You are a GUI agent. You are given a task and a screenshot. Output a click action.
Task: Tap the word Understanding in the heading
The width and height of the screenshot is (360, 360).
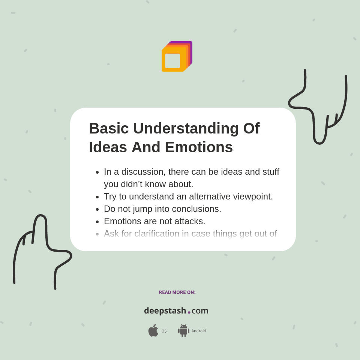pos(186,128)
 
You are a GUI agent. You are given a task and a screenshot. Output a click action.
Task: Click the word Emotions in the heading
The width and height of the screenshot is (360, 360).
pos(199,147)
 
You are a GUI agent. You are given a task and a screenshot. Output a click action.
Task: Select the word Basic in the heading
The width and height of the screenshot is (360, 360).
pos(108,128)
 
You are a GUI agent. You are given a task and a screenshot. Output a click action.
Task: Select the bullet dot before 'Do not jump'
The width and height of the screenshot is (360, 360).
pos(97,209)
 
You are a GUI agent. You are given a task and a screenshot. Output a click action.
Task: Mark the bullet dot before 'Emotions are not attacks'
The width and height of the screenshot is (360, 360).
pos(97,222)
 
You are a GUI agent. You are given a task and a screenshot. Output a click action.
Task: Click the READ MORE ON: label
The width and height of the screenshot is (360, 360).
pos(177,292)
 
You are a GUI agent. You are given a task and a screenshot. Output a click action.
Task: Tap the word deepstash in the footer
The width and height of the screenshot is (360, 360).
pos(165,311)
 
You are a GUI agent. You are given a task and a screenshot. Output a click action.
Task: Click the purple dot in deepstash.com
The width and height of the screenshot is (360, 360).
pos(189,312)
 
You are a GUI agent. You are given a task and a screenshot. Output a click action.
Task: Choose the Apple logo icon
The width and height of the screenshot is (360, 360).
pos(153,330)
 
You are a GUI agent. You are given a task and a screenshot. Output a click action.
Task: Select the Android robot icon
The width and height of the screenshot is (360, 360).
pos(183,330)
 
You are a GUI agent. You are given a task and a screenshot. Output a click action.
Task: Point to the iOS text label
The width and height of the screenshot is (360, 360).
pos(163,331)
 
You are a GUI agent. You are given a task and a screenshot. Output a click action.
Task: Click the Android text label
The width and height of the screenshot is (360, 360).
pos(198,331)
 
